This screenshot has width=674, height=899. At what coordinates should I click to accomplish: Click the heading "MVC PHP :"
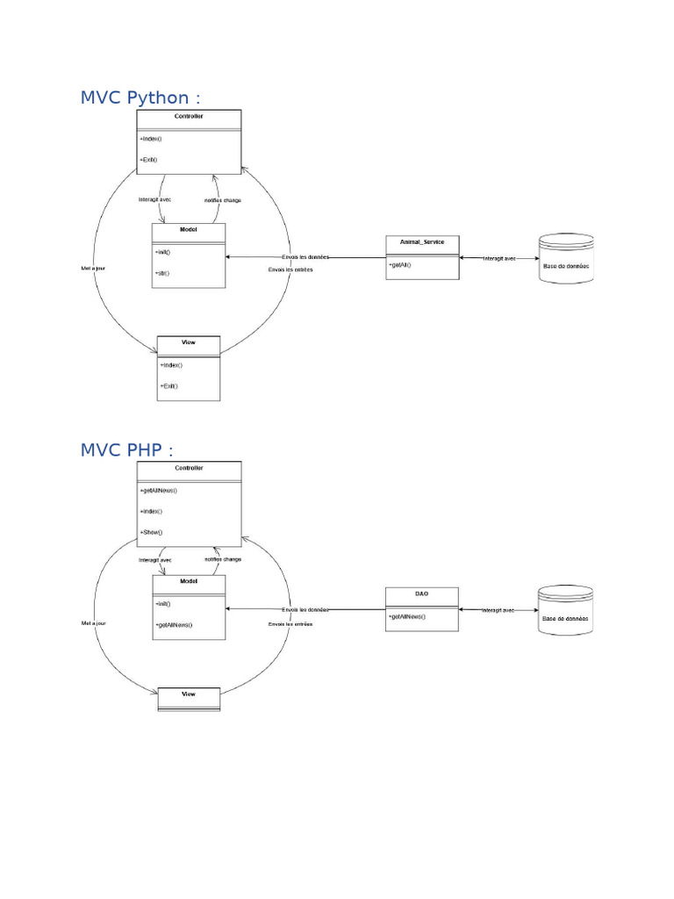tap(126, 449)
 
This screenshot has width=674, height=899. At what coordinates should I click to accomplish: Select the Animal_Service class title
tap(421, 241)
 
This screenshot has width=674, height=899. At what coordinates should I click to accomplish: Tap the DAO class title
tap(421, 594)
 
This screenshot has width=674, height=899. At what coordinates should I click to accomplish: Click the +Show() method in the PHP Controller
tap(151, 532)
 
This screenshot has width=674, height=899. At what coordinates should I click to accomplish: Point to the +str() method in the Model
tap(162, 273)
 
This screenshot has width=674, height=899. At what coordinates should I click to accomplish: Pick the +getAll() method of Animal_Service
tap(400, 264)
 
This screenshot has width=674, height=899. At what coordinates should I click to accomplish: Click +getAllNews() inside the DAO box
tap(407, 616)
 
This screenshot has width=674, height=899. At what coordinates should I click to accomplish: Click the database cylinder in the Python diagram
tap(566, 259)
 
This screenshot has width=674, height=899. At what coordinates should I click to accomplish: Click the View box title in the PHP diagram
tap(189, 694)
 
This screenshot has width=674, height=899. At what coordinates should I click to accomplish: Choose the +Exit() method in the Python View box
tap(169, 385)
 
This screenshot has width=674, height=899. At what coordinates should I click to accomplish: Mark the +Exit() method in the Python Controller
tap(149, 160)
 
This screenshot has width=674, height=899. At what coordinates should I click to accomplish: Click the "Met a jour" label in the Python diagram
tap(92, 268)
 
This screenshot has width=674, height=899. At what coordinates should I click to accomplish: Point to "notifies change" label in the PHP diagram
tap(222, 559)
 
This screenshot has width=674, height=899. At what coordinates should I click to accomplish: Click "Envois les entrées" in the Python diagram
tap(290, 270)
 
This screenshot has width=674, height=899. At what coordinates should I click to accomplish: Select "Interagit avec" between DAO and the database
tap(498, 609)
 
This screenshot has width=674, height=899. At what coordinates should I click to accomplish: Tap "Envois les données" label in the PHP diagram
tap(305, 609)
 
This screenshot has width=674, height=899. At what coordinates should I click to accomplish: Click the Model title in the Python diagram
tap(188, 230)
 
